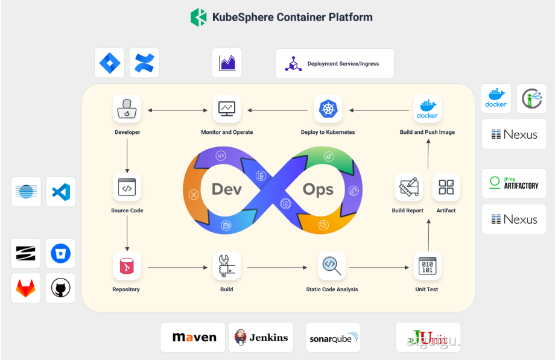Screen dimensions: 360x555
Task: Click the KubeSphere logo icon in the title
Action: (x=198, y=17)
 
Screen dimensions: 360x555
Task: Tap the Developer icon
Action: (x=127, y=109)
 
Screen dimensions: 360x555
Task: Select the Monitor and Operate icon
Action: (x=227, y=109)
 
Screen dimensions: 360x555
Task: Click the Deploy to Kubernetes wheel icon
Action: (x=328, y=109)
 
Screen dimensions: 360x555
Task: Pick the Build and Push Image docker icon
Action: (x=427, y=109)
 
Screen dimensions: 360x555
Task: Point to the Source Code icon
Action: (x=127, y=188)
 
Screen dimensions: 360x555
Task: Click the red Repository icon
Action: (x=127, y=266)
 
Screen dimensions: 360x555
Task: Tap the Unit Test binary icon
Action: (x=427, y=266)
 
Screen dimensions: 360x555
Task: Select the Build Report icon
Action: (x=408, y=188)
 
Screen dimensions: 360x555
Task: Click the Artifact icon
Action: (x=446, y=188)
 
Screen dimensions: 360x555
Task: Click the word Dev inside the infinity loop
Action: (x=226, y=189)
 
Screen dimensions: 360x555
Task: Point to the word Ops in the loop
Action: (x=318, y=189)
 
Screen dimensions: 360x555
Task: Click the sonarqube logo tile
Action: (x=333, y=337)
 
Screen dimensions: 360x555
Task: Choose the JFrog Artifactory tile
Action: (x=514, y=183)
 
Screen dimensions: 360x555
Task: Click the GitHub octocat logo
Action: (x=60, y=288)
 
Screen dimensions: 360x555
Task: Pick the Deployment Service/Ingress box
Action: (x=335, y=63)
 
